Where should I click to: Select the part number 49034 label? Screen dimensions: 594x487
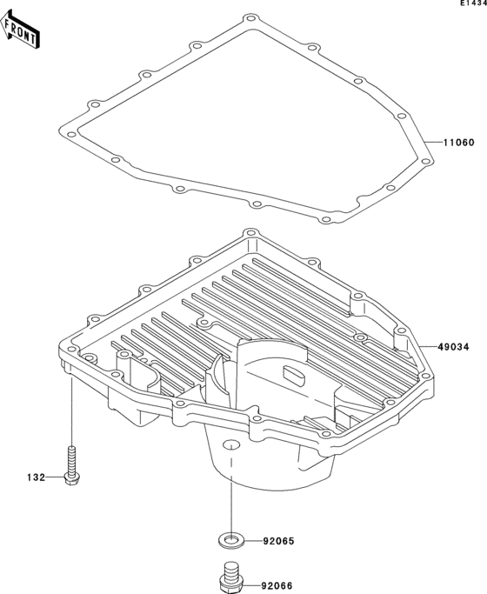[x=455, y=346]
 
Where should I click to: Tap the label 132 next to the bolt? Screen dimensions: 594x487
[x=35, y=477]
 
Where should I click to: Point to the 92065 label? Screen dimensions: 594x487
[x=279, y=542]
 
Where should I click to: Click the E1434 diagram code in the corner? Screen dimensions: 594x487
[x=473, y=4]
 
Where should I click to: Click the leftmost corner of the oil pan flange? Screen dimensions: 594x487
[x=61, y=350]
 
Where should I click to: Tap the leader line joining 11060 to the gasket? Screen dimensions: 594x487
[x=431, y=143]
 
